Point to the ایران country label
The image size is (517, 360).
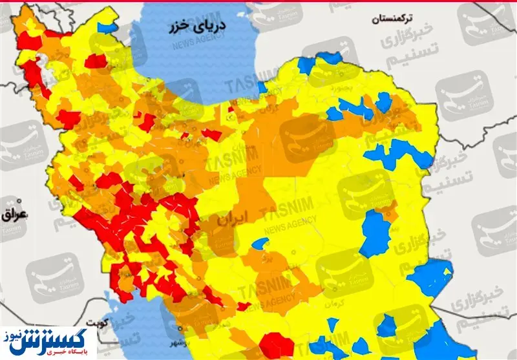pyautogui.click(x=231, y=220)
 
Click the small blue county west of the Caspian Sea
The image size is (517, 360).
pyautogui.click(x=105, y=28)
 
